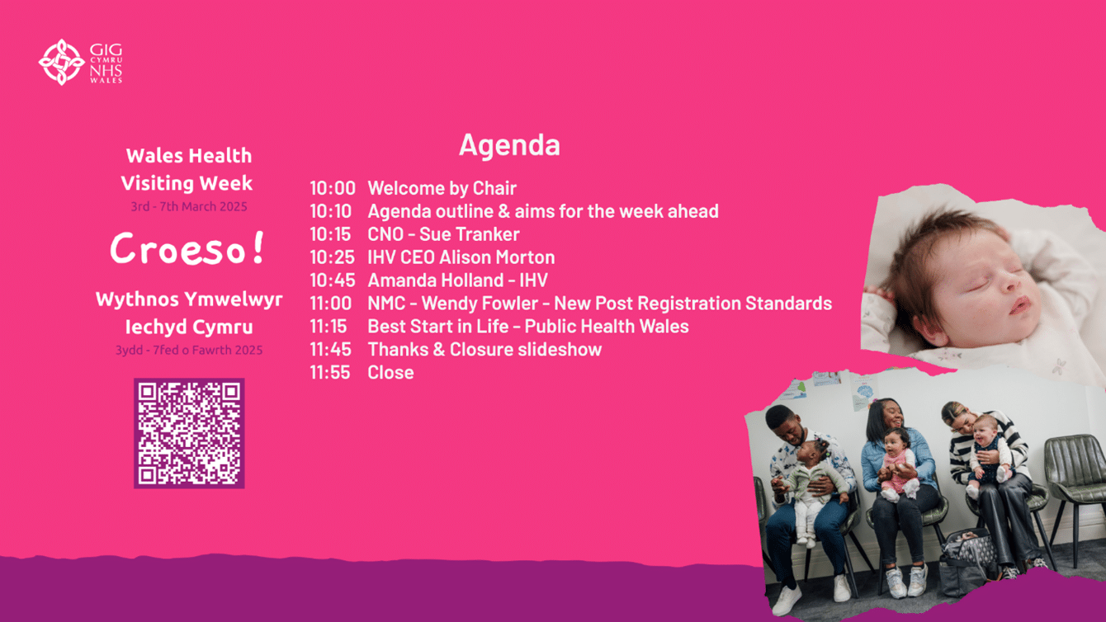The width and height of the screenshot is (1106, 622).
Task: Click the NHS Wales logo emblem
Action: tap(62, 62)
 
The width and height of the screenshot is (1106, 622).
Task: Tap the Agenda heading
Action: tap(509, 146)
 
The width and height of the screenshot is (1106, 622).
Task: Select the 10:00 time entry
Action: tap(333, 188)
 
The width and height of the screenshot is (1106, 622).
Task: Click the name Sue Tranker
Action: tap(469, 234)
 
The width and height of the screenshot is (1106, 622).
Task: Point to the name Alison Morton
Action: tap(497, 257)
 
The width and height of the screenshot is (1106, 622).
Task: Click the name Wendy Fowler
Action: tap(480, 303)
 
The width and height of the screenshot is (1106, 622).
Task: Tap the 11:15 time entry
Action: tap(328, 327)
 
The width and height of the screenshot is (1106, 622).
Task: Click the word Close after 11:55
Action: tap(390, 373)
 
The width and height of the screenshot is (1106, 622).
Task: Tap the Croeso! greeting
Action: tap(187, 248)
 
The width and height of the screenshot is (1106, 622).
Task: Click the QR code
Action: tap(189, 433)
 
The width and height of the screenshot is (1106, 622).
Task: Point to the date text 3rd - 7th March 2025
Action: tap(189, 206)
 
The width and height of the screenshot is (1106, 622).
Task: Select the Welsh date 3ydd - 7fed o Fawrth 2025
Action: tap(189, 350)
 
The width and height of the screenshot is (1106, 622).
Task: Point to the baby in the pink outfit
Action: tap(896, 464)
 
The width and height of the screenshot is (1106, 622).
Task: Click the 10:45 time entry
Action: tap(333, 280)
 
